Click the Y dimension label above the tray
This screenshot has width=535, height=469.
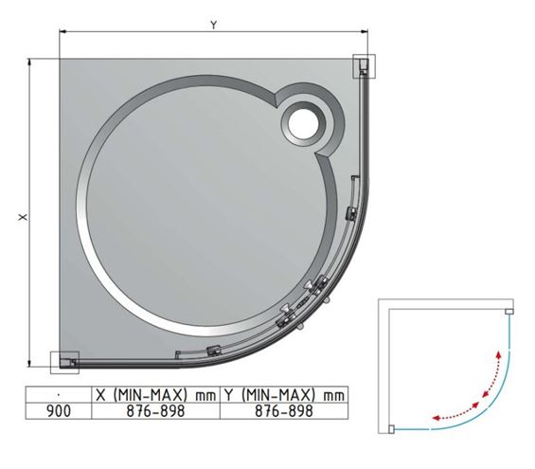pyautogui.click(x=214, y=25)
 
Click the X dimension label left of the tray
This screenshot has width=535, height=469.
pyautogui.click(x=23, y=217)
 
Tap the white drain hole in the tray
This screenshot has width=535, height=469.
pyautogui.click(x=303, y=123)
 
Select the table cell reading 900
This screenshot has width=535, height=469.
pyautogui.click(x=59, y=411)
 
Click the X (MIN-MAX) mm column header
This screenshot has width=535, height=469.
pyautogui.click(x=155, y=395)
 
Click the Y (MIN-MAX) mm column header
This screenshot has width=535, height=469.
pyautogui.click(x=284, y=395)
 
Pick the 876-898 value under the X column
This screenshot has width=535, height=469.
pyautogui.click(x=155, y=411)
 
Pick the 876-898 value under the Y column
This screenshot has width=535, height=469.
pyautogui.click(x=284, y=411)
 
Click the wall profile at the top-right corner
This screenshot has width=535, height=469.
pyautogui.click(x=364, y=66)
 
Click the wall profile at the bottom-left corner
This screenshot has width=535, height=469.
pyautogui.click(x=64, y=363)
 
